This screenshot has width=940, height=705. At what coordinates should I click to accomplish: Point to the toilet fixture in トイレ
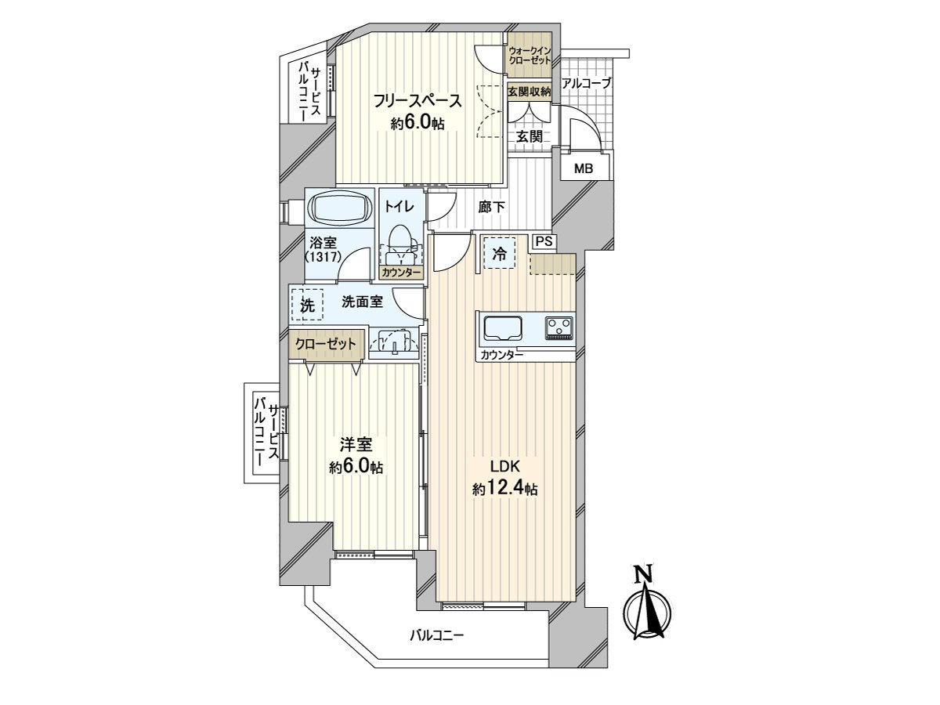401,240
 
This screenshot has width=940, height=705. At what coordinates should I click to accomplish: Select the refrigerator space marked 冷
499,252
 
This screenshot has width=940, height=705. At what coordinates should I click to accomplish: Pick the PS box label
544,241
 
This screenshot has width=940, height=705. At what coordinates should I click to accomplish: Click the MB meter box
584,168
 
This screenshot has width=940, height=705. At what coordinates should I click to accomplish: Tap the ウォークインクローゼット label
530,56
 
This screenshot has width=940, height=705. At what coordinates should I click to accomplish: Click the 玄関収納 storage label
530,92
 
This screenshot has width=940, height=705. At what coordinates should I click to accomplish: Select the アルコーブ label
586,83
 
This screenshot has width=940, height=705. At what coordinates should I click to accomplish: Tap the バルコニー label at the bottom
437,635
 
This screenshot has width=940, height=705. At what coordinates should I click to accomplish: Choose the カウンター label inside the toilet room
401,273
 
